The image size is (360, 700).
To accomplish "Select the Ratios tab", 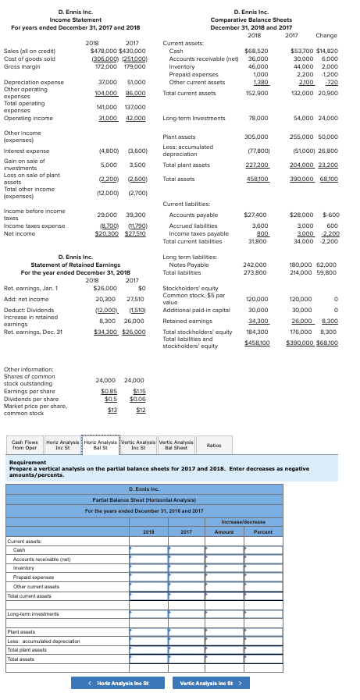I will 213,445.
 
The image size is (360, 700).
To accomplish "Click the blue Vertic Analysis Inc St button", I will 207,684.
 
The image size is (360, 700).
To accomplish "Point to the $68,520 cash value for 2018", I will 256,50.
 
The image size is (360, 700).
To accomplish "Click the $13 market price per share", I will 111,410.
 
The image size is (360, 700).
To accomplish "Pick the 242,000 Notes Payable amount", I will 257,264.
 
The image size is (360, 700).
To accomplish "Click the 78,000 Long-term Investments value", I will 258,117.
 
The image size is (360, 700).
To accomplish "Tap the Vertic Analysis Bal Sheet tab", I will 176,445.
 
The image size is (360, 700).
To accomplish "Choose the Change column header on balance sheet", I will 326,35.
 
